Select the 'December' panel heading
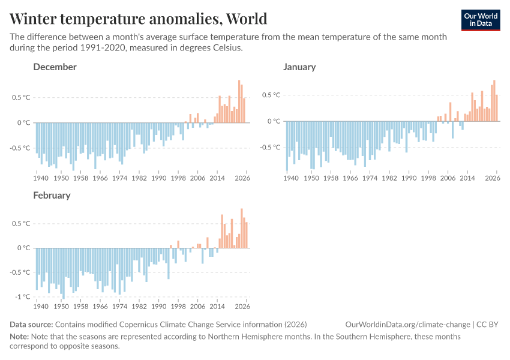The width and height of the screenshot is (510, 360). [55, 67]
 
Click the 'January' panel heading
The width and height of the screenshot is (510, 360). [299, 67]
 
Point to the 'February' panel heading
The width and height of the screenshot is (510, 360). [52, 195]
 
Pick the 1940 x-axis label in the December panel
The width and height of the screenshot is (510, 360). [41, 178]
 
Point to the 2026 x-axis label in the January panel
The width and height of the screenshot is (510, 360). [493, 178]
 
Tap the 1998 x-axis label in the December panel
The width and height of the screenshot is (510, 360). [178, 178]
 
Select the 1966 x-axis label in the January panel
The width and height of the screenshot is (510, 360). [350, 178]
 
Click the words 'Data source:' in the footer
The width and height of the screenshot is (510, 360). [31, 325]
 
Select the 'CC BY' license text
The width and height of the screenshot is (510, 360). [489, 325]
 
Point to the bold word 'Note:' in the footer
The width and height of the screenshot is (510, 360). [21, 337]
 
